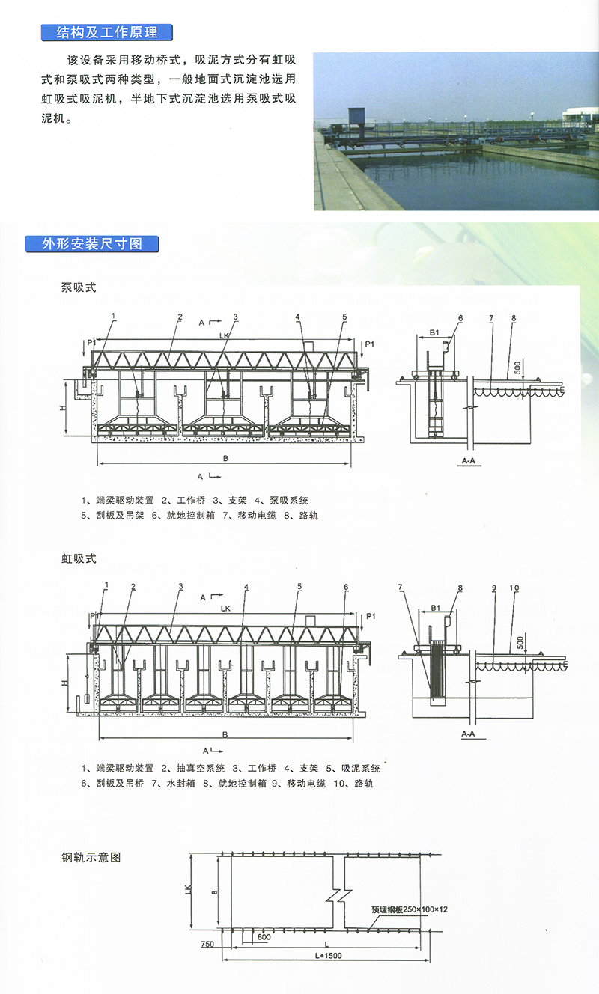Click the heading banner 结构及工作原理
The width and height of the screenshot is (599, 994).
(x=106, y=32)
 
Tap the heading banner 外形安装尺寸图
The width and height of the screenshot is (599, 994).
(x=92, y=243)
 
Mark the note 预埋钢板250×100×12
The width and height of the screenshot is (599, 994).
(x=409, y=909)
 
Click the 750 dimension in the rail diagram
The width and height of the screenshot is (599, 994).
(x=208, y=945)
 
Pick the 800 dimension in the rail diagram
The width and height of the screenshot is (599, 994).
(x=264, y=936)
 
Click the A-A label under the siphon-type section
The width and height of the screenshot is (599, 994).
(x=468, y=734)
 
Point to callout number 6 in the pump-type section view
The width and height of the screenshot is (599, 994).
(x=460, y=318)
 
